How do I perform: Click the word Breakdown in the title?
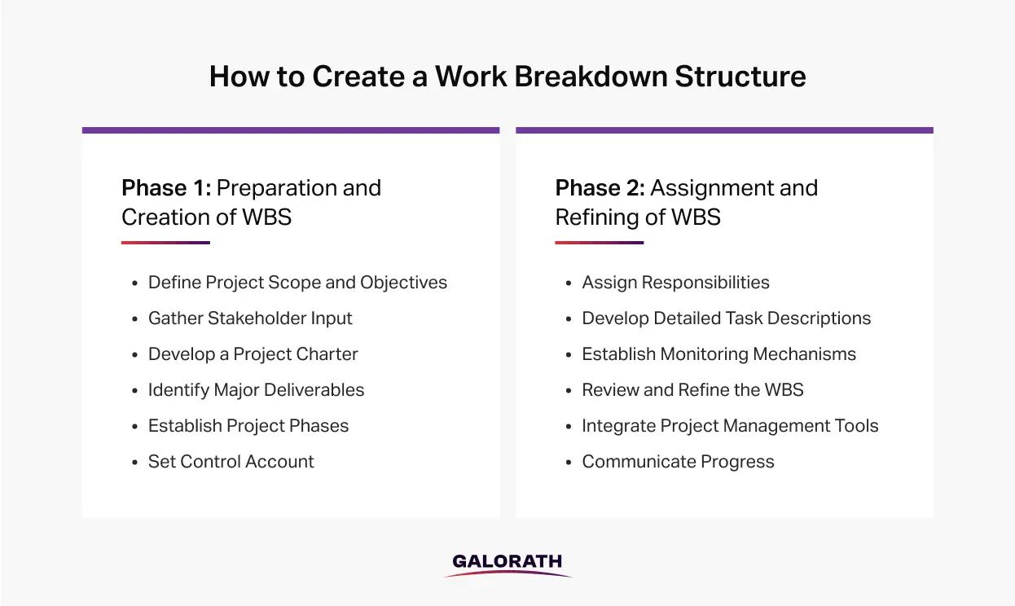click(x=591, y=76)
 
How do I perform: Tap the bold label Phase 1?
click(x=166, y=188)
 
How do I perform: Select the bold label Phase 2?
click(x=600, y=188)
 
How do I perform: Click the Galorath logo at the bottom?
click(x=507, y=564)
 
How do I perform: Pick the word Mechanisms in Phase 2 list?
click(x=804, y=353)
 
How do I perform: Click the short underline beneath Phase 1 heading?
click(x=166, y=243)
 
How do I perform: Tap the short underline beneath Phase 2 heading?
click(x=600, y=243)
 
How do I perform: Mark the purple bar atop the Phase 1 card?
click(x=291, y=130)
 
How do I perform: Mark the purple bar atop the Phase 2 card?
click(x=724, y=130)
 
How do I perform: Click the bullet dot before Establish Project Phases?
click(x=134, y=427)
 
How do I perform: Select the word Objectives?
click(x=404, y=282)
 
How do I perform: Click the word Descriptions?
click(x=819, y=318)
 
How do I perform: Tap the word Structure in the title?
click(x=740, y=76)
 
